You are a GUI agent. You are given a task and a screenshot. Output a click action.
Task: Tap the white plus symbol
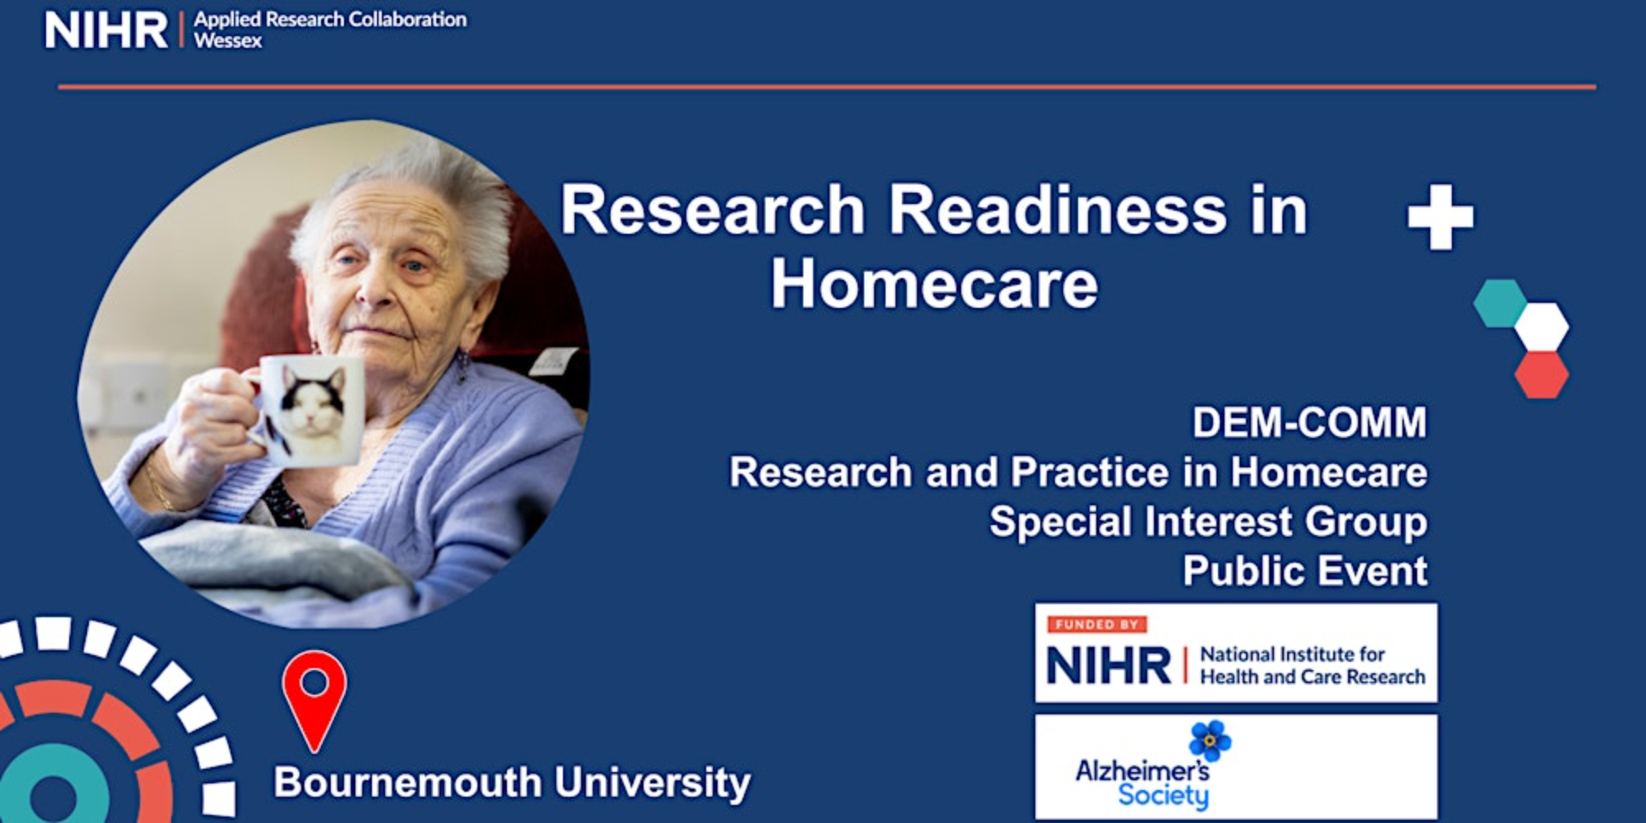tap(1440, 217)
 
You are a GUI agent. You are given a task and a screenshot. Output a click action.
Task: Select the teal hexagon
tap(1500, 304)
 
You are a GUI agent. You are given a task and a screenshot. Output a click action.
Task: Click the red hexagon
tap(1541, 375)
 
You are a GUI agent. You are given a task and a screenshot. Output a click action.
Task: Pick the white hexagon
tap(1541, 327)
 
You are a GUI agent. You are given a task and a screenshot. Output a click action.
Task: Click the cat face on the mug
tap(313, 403)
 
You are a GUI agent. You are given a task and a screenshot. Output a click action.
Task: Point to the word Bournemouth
tap(408, 782)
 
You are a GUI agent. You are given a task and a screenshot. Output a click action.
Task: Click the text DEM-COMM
tap(1309, 423)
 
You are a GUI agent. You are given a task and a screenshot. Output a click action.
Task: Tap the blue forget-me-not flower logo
tap(1210, 741)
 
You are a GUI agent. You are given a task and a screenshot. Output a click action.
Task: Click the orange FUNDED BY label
tap(1097, 625)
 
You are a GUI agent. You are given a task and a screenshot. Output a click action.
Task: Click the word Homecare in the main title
tap(934, 284)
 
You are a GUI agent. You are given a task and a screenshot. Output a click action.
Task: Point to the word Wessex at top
tap(228, 40)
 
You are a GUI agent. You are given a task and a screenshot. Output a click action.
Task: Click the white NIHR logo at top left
tap(106, 30)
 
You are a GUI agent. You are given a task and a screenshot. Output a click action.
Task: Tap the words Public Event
tap(1305, 571)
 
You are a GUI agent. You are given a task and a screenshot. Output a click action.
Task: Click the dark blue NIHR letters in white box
tap(1109, 665)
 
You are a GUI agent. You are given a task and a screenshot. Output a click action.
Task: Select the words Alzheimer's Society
tap(1143, 783)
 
